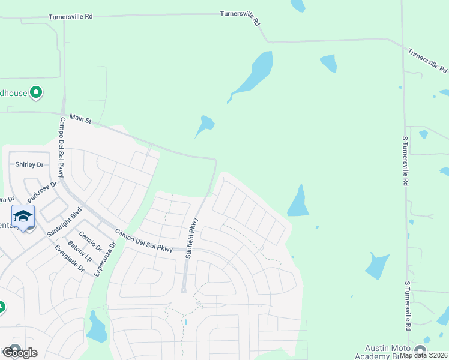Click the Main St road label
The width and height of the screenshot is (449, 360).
(80, 119)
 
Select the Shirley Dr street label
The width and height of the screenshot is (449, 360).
(29, 164)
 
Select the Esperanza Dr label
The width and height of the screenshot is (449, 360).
(104, 258)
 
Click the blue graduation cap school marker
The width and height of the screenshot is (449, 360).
(23, 216)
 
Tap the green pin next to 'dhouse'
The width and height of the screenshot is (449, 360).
(36, 92)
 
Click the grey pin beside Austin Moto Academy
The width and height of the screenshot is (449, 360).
(420, 350)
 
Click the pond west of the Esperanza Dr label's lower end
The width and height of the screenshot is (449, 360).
(96, 329)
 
